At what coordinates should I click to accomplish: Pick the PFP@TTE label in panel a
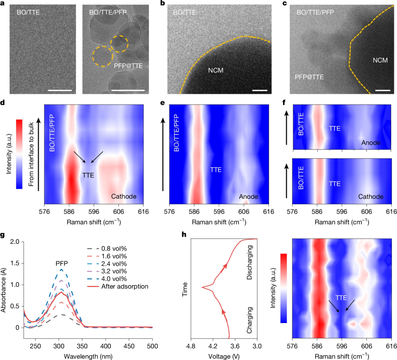[x=128, y=66]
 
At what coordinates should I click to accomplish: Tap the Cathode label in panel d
[x=124, y=196]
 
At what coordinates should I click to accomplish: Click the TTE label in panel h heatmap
[x=341, y=298]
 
